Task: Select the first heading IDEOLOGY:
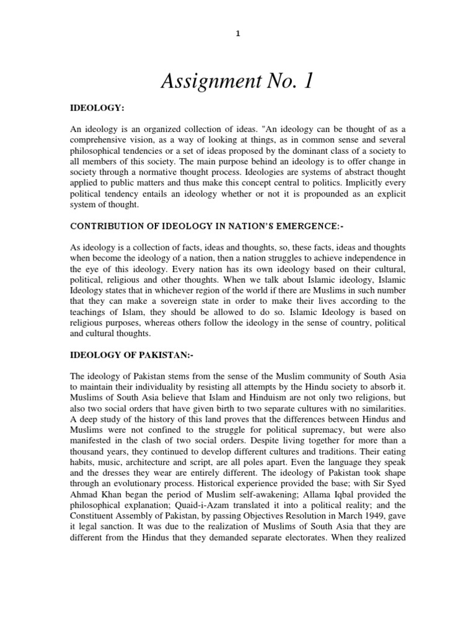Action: tap(97, 109)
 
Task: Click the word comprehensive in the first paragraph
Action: tap(100, 141)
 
